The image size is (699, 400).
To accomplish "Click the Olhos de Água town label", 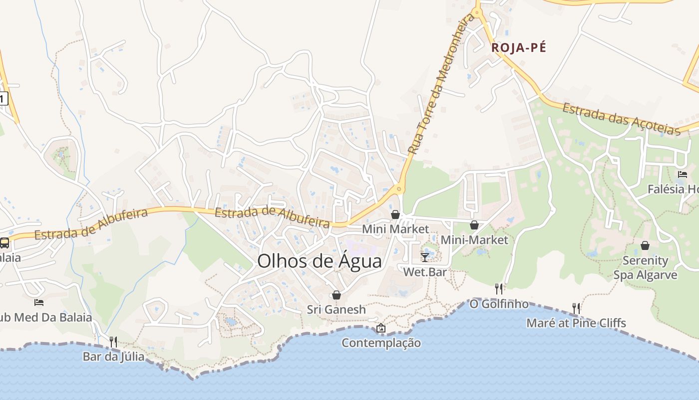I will [320, 261].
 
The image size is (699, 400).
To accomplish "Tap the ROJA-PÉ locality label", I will [519, 48].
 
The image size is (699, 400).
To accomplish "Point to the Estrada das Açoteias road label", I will [622, 119].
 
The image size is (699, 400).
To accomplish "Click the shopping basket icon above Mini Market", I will [395, 214].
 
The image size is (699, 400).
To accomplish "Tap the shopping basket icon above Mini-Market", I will [474, 225].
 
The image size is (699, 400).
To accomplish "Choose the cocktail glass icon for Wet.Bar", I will [425, 257].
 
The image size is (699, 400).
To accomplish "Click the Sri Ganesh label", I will [337, 309].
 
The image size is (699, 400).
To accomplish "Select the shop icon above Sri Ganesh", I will [337, 295].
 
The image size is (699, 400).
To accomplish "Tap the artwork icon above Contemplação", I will [381, 328].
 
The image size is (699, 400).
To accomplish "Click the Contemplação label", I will [381, 343].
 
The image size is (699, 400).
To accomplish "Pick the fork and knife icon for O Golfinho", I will [499, 288].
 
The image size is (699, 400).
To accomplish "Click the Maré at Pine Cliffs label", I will [576, 323].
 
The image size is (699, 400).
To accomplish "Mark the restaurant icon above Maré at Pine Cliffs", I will [576, 308].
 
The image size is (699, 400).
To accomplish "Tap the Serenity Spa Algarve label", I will [645, 268].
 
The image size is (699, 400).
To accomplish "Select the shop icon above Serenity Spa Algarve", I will [645, 245].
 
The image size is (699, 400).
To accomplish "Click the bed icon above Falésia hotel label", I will [683, 174].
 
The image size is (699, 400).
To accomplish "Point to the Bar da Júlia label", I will [113, 357].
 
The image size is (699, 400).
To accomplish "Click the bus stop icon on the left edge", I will [4, 243].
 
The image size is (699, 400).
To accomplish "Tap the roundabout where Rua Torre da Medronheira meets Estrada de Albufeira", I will [398, 189].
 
